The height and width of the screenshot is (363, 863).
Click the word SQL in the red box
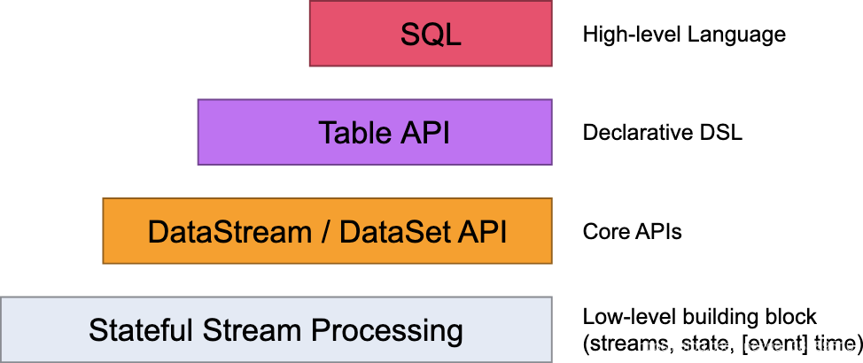pos(431,34)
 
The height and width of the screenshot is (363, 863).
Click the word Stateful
pos(141,331)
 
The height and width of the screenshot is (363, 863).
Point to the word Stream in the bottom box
pos(253,331)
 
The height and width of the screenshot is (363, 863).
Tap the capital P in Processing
pos(319,331)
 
